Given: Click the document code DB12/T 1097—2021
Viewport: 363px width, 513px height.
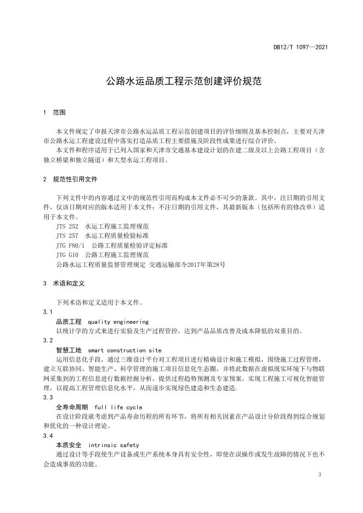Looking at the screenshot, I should click(x=300, y=47).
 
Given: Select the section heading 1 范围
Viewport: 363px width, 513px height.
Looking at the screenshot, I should click(x=54, y=112).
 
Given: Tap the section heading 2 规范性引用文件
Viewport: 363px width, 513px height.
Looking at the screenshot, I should click(x=71, y=179).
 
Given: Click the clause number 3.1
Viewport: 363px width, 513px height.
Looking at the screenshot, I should click(x=48, y=311).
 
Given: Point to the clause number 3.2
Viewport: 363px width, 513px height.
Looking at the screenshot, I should click(x=48, y=340).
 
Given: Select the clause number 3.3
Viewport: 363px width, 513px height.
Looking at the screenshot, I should click(x=48, y=397).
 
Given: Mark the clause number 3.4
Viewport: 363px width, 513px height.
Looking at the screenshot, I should click(x=48, y=436).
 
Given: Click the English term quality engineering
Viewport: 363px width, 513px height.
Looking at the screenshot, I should click(x=118, y=321).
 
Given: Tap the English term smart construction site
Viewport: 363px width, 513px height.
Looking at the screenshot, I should click(x=124, y=350).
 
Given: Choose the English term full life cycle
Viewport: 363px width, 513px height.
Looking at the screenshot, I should click(x=118, y=407).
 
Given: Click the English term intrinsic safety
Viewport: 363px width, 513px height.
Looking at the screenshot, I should click(x=114, y=445).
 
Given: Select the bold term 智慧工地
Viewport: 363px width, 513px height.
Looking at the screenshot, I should click(x=69, y=350).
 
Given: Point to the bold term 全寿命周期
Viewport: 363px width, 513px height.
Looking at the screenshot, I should click(x=72, y=407).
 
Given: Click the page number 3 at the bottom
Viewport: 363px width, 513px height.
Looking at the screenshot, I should click(x=319, y=475).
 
